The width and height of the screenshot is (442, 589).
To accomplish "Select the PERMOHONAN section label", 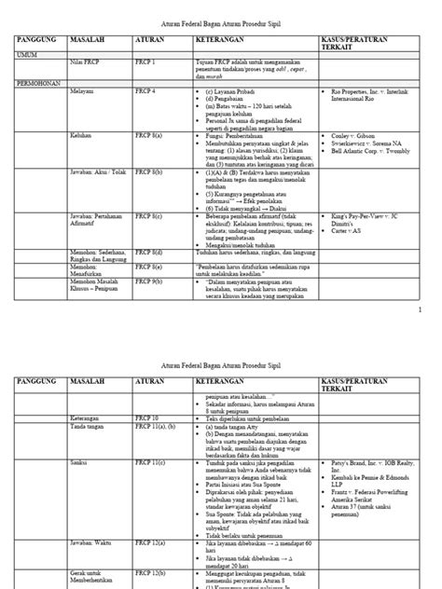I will [35, 82].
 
